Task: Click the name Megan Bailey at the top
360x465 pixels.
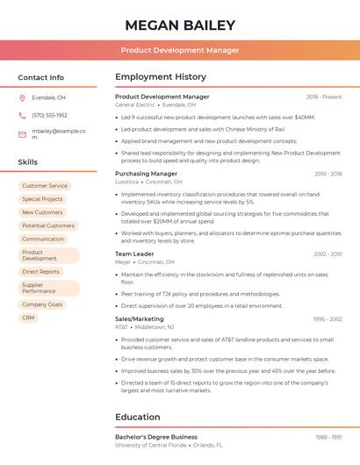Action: pyautogui.click(x=180, y=25)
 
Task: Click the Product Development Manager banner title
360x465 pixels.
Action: pyautogui.click(x=180, y=50)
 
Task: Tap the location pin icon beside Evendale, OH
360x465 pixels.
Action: pyautogui.click(x=22, y=97)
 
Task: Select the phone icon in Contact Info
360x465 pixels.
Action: pyautogui.click(x=22, y=115)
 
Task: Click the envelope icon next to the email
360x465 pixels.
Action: pyautogui.click(x=22, y=134)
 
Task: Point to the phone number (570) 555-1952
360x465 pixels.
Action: pyautogui.click(x=49, y=115)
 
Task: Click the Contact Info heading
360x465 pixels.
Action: pyautogui.click(x=41, y=77)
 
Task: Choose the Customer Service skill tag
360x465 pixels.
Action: pyautogui.click(x=45, y=186)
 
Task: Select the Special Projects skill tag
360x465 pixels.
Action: pyautogui.click(x=42, y=199)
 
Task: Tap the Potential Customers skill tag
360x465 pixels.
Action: pyautogui.click(x=47, y=225)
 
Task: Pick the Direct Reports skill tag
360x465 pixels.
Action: pyautogui.click(x=40, y=272)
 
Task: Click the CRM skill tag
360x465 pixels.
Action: pyautogui.click(x=28, y=318)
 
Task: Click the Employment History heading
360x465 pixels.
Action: pyautogui.click(x=161, y=77)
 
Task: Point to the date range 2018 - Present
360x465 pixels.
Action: pyautogui.click(x=324, y=97)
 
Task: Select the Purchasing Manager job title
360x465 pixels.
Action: pyautogui.click(x=146, y=174)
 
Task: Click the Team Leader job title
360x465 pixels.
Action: pyautogui.click(x=134, y=254)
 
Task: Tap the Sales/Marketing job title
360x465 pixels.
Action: pyautogui.click(x=139, y=319)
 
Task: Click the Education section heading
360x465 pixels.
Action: pyautogui.click(x=138, y=418)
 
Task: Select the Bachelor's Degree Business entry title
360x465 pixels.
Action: pyautogui.click(x=156, y=437)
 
